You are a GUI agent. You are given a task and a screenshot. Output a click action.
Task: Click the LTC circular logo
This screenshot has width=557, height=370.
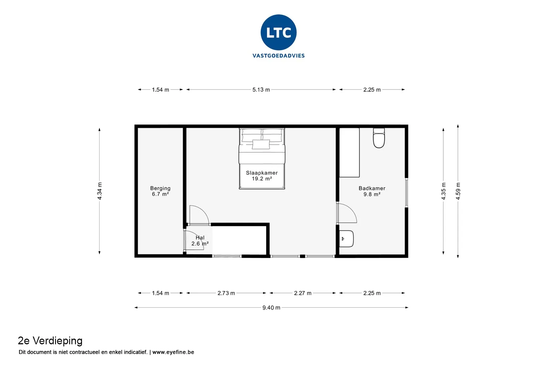(278, 32)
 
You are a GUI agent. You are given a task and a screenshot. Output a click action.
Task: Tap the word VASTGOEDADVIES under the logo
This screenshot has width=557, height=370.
(278, 56)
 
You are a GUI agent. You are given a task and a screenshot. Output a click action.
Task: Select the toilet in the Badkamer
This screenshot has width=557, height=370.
(379, 138)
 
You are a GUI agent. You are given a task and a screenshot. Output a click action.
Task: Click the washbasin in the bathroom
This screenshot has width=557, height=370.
(346, 239)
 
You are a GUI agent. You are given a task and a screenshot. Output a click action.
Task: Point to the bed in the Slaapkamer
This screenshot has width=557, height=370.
(262, 159)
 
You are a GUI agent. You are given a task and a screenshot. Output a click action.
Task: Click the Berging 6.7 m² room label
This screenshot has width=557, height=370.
(160, 191)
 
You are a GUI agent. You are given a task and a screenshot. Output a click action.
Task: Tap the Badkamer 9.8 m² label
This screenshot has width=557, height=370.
(372, 191)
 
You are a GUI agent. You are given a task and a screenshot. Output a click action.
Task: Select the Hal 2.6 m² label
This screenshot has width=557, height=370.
(200, 241)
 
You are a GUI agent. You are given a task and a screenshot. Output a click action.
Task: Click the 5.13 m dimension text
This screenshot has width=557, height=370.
(261, 90)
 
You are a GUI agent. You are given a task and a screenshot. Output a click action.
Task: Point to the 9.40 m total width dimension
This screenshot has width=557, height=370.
(271, 308)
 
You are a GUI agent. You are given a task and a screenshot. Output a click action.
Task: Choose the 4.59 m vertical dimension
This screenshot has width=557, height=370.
(458, 191)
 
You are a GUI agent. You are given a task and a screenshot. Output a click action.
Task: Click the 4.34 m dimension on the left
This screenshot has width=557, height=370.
(100, 191)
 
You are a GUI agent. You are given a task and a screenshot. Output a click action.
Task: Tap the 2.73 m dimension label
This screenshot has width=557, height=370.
(226, 293)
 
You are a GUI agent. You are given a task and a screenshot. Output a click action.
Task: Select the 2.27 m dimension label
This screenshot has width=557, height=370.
(303, 293)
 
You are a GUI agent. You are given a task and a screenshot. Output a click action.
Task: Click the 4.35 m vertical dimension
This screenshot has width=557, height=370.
(443, 191)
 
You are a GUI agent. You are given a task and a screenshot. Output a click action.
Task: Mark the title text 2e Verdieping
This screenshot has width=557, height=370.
(50, 341)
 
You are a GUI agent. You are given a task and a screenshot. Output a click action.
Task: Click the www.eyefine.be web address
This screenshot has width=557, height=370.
(173, 352)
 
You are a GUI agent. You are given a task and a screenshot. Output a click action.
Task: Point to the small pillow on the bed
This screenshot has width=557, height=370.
(261, 144)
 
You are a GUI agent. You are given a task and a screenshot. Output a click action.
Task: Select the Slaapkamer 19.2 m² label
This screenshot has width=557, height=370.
(262, 176)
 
